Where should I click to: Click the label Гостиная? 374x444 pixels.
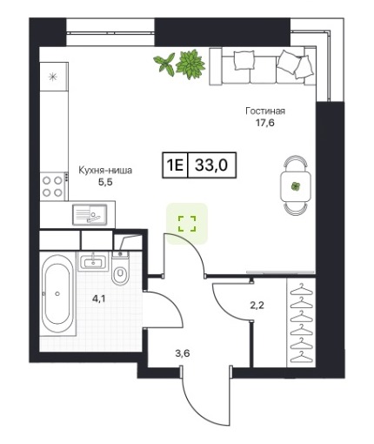coord(265,111)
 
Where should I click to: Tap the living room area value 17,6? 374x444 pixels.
coord(264,123)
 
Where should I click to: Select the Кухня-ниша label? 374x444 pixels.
coord(105,171)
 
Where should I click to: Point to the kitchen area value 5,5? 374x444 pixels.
coord(105,182)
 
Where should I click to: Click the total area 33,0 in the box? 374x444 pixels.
coord(211,165)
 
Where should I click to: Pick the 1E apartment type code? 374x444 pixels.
coord(175,165)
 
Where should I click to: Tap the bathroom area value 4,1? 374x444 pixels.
coord(99,299)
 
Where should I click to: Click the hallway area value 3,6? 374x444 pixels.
coord(183,353)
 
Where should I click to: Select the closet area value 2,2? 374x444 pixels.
coord(257,306)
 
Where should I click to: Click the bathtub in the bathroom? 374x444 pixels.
coord(57,293)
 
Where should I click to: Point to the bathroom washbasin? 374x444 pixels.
coord(93,261)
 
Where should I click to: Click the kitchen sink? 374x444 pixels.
coord(90,215)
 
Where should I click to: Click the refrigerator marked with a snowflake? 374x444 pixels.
coord(54,77)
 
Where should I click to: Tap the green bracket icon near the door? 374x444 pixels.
coord(187,224)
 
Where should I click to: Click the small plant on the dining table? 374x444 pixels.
coord(296,186)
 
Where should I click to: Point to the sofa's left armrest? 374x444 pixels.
coord(216,67)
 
